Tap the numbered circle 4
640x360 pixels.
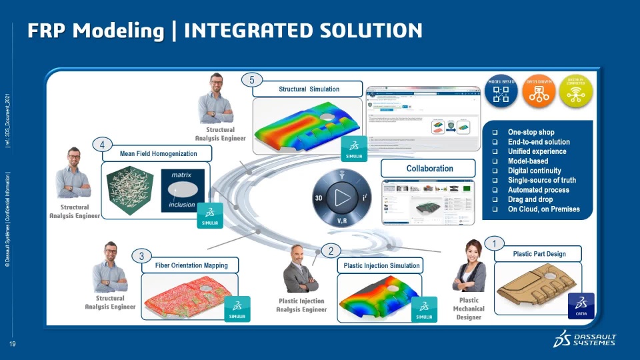(101, 145)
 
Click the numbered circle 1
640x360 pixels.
(494, 244)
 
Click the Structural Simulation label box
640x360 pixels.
(309, 89)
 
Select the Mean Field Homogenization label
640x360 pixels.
(159, 154)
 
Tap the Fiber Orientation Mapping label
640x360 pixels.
(191, 265)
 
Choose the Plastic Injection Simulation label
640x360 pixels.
(381, 265)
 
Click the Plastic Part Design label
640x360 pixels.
(539, 254)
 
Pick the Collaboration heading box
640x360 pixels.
(429, 169)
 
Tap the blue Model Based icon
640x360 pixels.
(501, 93)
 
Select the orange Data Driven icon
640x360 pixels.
(538, 93)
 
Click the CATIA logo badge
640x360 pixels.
(580, 306)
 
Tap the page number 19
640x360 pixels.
(12, 345)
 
